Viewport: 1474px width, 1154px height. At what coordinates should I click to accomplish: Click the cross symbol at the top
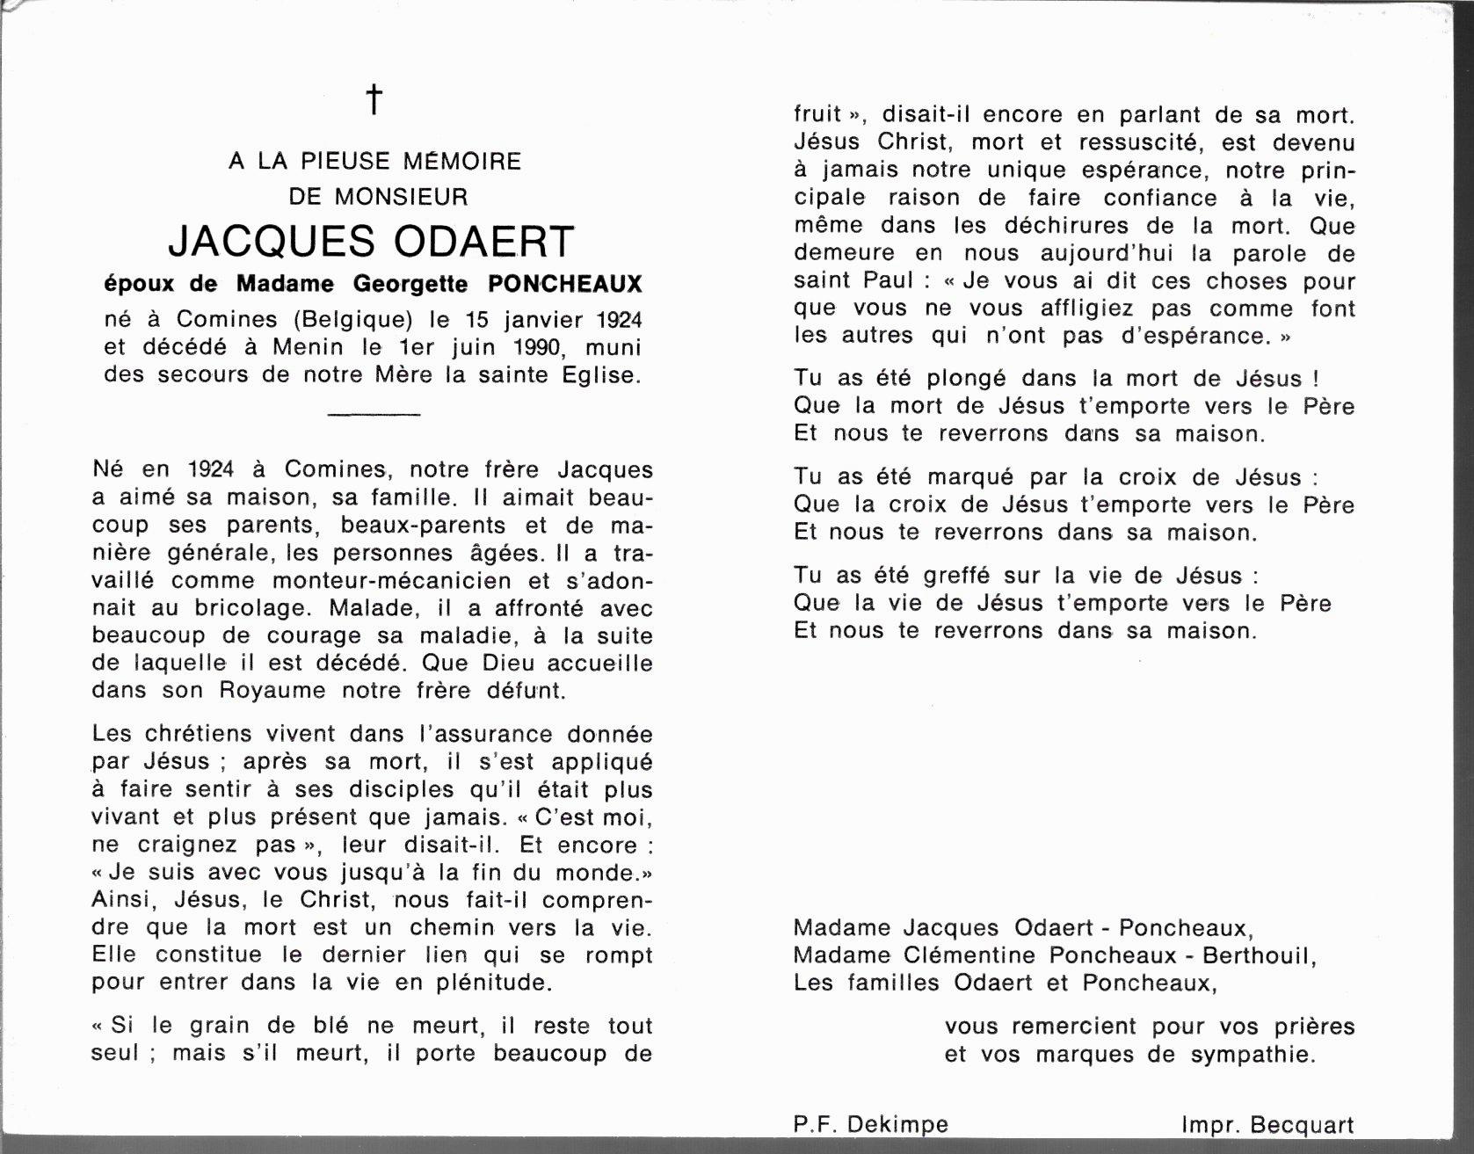click(374, 99)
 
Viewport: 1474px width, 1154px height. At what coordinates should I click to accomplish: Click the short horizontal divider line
click(374, 413)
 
